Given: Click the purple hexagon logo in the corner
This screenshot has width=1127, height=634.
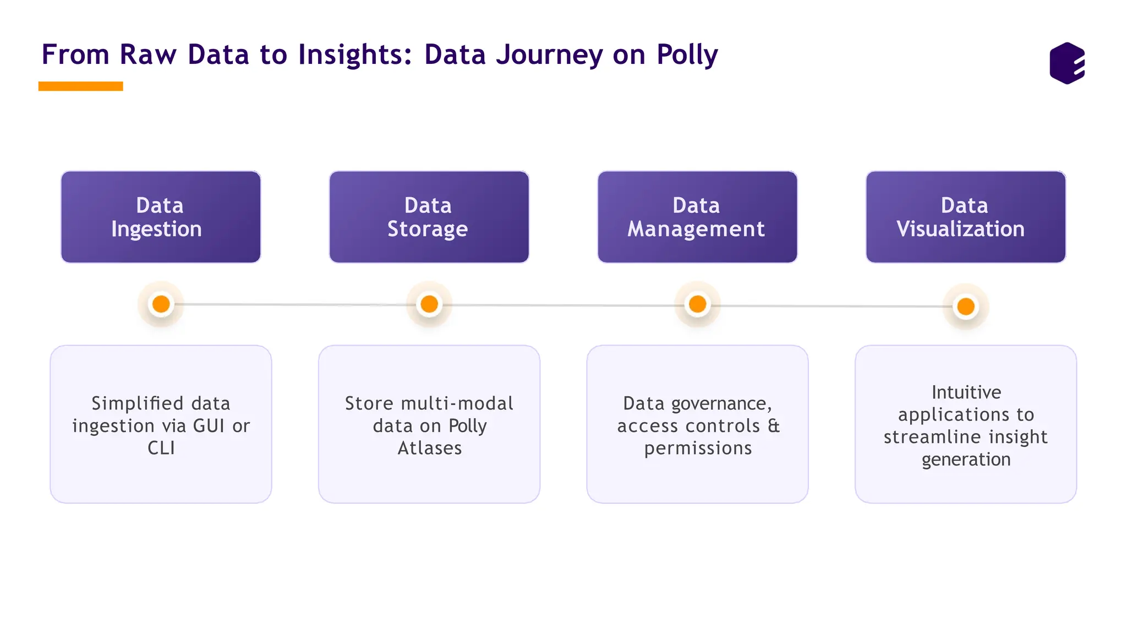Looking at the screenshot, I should [x=1067, y=63].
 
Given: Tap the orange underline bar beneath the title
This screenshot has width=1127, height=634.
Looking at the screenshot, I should [x=80, y=86].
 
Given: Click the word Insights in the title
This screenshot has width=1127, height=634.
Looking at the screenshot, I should [x=354, y=55].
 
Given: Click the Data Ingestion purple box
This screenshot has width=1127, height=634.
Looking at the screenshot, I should [x=161, y=217].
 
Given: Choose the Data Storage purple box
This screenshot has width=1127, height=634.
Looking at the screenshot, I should [x=429, y=217].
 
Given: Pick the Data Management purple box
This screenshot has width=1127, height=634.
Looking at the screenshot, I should [x=697, y=217].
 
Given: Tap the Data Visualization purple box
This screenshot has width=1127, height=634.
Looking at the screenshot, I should [x=965, y=217].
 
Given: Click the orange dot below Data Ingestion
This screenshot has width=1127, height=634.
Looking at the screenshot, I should [x=161, y=304].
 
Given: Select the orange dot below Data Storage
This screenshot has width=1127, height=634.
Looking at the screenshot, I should [x=429, y=304].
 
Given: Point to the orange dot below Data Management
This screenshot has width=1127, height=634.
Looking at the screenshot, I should [x=697, y=304].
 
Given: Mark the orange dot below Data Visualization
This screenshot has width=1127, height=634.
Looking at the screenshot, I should [x=966, y=307].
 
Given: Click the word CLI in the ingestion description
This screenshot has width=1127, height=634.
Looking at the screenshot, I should [x=161, y=448].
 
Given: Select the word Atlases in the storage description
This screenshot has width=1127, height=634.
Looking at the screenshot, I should [x=430, y=448].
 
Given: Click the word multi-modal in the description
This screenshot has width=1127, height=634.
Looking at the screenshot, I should [x=457, y=403].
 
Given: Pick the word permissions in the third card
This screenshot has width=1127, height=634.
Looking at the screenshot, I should [x=698, y=449].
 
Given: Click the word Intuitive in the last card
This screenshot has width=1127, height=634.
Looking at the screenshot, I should [x=966, y=392].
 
